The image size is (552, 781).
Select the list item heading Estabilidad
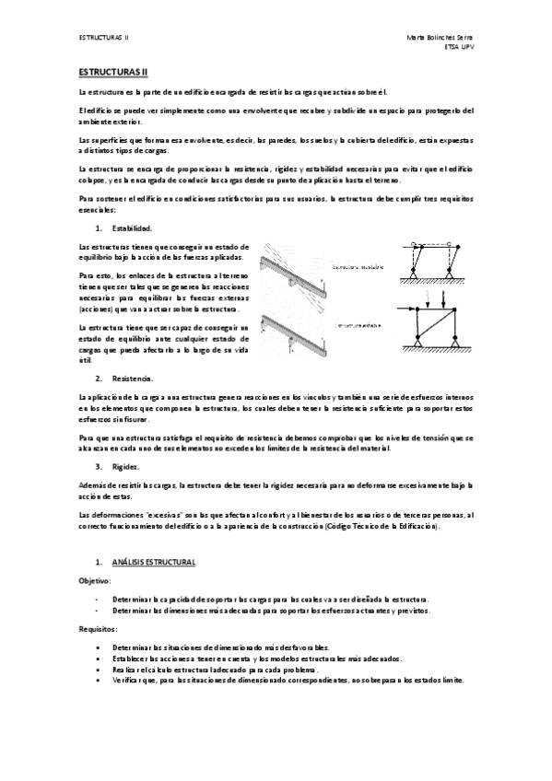pyautogui.click(x=132, y=227)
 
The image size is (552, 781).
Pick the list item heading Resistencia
pyautogui.click(x=132, y=379)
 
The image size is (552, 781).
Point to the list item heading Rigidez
pyautogui.click(x=126, y=467)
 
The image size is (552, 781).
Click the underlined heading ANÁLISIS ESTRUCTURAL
pyautogui.click(x=153, y=562)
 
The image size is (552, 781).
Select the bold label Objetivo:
pyautogui.click(x=96, y=581)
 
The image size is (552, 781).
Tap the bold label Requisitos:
pyautogui.click(x=98, y=628)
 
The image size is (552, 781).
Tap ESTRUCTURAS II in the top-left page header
pyautogui.click(x=104, y=37)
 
